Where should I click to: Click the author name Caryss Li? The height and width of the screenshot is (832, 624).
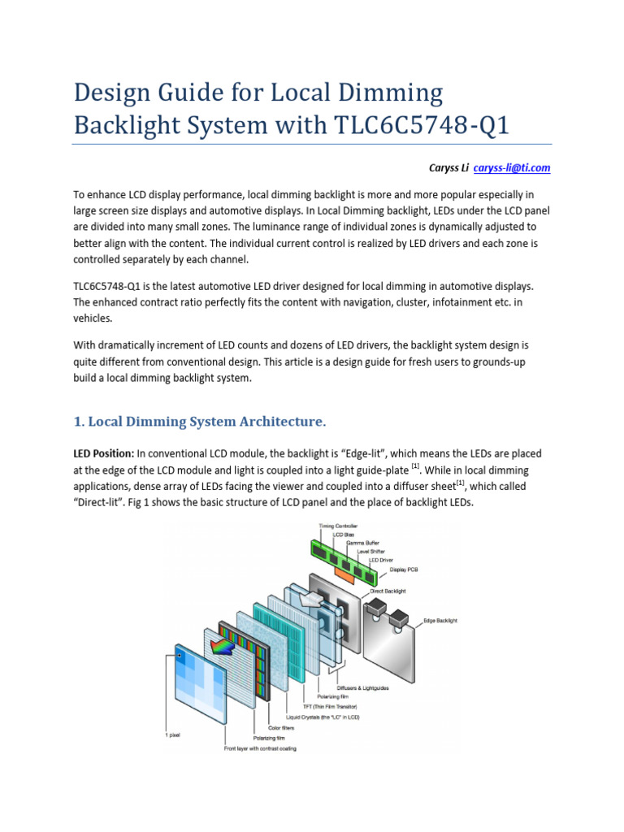[x=448, y=167]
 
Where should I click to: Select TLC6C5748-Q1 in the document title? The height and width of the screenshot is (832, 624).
[x=422, y=126]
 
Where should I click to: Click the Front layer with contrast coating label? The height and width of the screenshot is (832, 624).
[x=260, y=748]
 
